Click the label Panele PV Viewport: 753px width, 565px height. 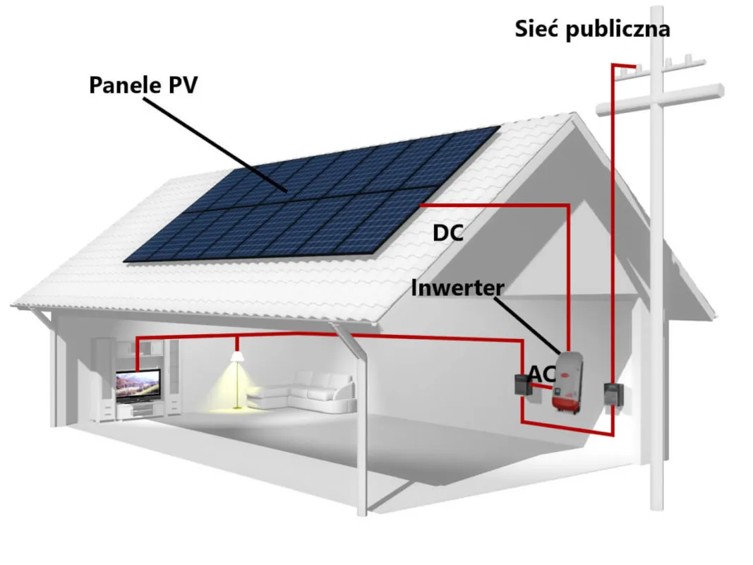tap(143, 85)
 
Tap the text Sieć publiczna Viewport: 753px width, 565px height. tap(592, 29)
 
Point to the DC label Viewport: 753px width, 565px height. tap(448, 232)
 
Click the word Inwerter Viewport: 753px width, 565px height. tap(457, 288)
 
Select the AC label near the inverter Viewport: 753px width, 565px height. tap(542, 375)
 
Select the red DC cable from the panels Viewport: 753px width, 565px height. tap(568, 268)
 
